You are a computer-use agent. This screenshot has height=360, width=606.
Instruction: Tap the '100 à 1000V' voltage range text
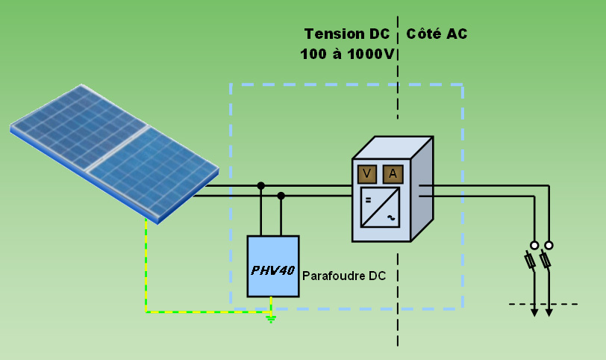coord(347,55)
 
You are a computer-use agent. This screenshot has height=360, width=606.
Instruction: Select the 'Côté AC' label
coord(437,34)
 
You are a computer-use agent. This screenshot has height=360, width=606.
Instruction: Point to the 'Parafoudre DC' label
coord(344,276)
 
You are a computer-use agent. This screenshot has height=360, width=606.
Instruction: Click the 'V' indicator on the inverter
coord(366,174)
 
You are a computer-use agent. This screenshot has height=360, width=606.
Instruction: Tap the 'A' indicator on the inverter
coord(393,174)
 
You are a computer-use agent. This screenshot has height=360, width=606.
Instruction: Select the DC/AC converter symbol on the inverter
coord(379,207)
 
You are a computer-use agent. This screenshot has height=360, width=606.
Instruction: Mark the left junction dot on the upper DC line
coord(260,185)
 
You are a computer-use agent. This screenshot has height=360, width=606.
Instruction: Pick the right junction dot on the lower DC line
coord(281,196)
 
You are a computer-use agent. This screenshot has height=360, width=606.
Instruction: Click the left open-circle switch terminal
coord(534,245)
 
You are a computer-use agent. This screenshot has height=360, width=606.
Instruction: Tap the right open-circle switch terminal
coord(549,245)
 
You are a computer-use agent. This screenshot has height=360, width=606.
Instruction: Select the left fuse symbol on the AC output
coord(531,261)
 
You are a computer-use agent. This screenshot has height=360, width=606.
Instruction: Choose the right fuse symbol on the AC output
coord(546,261)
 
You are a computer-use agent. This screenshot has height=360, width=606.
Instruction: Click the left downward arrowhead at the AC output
coord(534,311)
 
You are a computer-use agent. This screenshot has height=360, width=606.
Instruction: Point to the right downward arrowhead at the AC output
coord(549,311)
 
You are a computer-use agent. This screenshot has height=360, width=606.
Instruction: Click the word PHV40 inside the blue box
coord(272,270)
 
